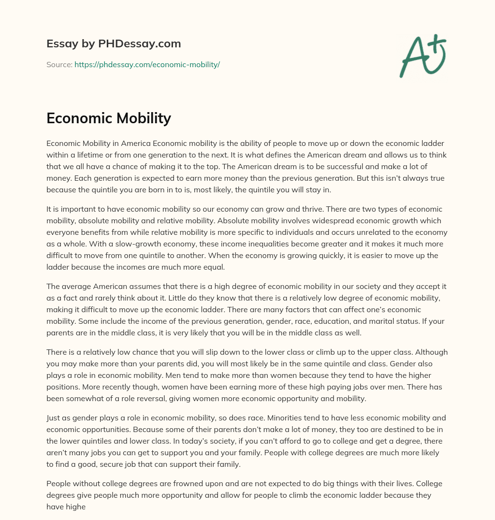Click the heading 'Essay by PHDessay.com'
coord(114,44)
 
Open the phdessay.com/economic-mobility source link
coord(147,64)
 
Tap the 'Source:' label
coord(59,64)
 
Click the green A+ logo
coord(422,56)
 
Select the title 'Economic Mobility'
coord(109,118)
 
